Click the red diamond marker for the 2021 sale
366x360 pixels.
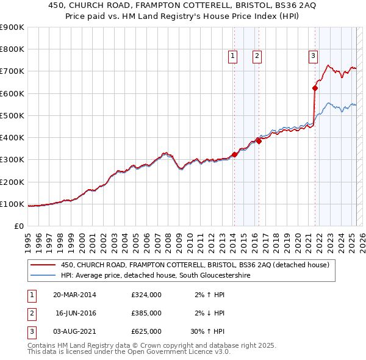(315, 88)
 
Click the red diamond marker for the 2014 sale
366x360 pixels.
(234, 154)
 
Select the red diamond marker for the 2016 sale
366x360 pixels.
(259, 141)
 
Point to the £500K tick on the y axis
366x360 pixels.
(12, 115)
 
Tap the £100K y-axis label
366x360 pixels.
(12, 204)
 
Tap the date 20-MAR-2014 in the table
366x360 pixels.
(74, 294)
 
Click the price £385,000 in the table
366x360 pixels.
(146, 313)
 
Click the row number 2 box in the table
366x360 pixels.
(31, 313)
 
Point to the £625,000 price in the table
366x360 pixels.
(146, 331)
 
